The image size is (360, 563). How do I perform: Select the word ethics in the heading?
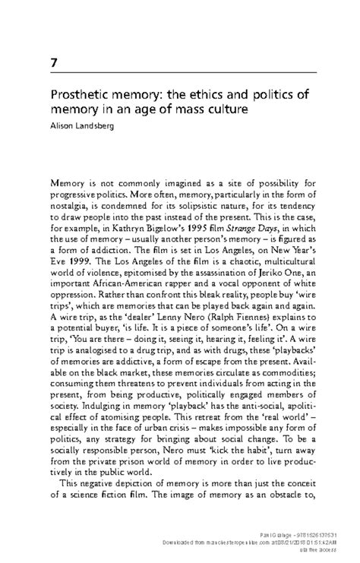pyautogui.click(x=213, y=96)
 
